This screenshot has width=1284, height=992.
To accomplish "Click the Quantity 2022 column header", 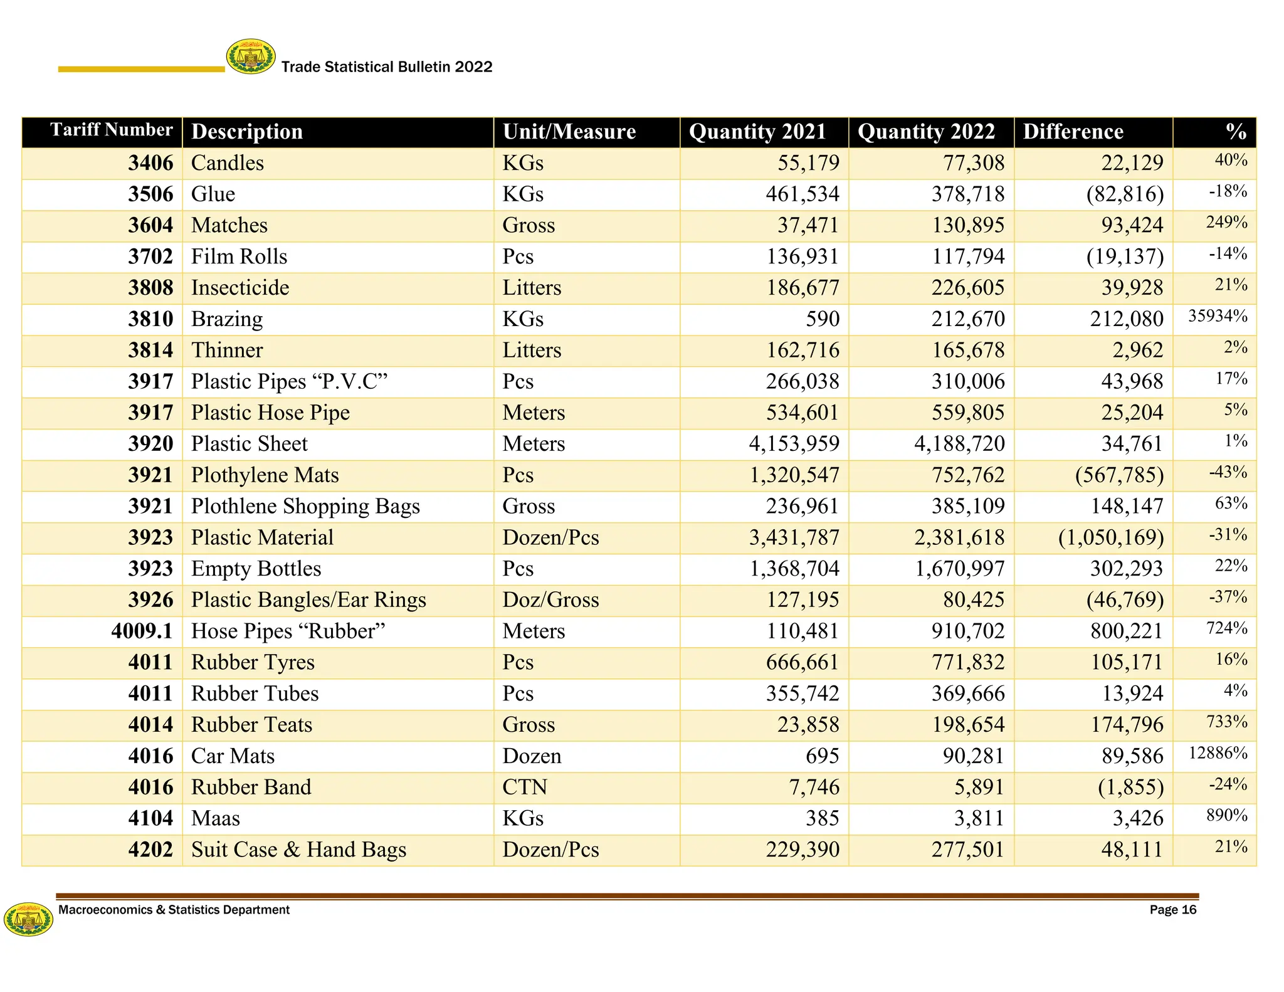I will [x=926, y=132].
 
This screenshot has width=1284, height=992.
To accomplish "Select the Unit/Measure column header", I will [x=569, y=132].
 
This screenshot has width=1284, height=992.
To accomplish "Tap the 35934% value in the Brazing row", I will [x=1218, y=316].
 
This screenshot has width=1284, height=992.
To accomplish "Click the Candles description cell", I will [x=228, y=163].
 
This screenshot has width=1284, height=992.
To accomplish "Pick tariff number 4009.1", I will [x=142, y=631].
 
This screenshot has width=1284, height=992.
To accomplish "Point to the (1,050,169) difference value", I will [x=1110, y=537].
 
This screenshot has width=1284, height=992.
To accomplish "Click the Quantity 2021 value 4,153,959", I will [x=794, y=444].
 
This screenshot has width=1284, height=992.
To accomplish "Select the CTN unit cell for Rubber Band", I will [x=525, y=787].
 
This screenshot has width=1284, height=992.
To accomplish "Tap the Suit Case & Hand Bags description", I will [x=298, y=850].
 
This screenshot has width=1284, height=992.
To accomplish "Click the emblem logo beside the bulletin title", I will [x=251, y=56].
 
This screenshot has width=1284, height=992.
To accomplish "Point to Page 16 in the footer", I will [x=1172, y=910].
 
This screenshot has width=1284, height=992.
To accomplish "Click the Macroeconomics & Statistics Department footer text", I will [x=174, y=910].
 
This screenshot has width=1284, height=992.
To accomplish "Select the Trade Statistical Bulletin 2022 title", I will [x=387, y=67].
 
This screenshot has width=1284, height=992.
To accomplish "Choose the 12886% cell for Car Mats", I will [x=1218, y=753].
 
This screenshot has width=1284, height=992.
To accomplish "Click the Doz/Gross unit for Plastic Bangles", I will [x=550, y=600].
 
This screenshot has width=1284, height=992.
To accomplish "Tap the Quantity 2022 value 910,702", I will [x=967, y=631].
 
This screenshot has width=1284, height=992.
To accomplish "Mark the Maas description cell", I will [x=215, y=818].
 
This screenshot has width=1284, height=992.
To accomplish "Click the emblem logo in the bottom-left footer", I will [x=28, y=919].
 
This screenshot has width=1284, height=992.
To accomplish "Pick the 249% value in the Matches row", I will [x=1226, y=223].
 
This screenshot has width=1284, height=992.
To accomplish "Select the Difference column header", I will [x=1073, y=132].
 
